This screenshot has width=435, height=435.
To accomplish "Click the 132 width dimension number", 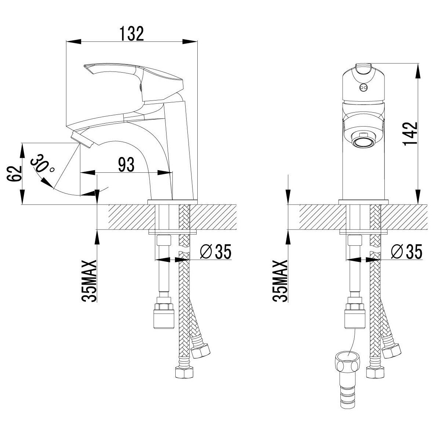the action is coord(132,34).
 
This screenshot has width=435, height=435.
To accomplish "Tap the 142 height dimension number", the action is coord(410,134).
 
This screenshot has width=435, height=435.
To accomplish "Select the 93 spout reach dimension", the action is coord(126,165).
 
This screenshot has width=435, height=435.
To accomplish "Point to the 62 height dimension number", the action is coord(14,173).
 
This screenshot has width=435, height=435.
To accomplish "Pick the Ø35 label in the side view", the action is coord(216,252).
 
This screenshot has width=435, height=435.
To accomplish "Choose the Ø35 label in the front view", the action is coord(407,252).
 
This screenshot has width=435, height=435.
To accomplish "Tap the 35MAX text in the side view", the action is coord(89,281).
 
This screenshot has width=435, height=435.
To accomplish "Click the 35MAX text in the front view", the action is coord(280,281).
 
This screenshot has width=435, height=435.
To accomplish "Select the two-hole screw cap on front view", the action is coord(363,88).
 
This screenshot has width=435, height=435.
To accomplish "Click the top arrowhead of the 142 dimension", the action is coord(418,70).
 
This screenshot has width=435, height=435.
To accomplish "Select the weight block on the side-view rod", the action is coord(164,316).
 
